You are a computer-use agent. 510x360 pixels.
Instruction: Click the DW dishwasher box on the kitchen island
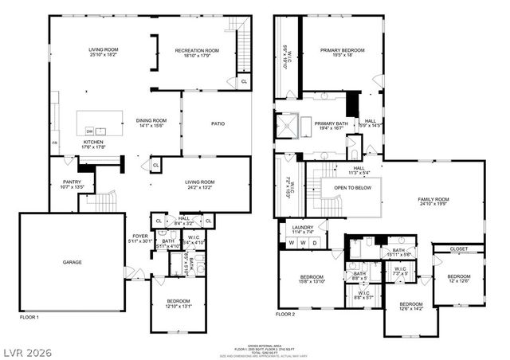coord(90,131)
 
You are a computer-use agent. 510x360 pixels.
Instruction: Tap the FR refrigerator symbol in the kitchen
coord(55,142)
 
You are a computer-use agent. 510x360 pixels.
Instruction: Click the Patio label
coord(218,123)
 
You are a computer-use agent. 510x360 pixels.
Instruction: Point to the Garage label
coord(73,262)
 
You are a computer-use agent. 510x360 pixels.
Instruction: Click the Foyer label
coord(140,236)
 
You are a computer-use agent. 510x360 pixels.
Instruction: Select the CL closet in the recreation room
coord(243,81)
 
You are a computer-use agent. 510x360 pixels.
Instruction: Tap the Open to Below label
coord(350,188)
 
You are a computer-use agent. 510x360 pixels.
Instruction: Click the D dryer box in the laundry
coord(314,242)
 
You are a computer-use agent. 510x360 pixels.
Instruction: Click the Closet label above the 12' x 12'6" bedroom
coord(458,248)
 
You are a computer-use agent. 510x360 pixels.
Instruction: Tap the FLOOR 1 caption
coord(30,316)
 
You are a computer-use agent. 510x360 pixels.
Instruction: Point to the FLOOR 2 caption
coord(285,314)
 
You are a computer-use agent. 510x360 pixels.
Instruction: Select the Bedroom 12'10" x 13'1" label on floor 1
coord(178,303)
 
